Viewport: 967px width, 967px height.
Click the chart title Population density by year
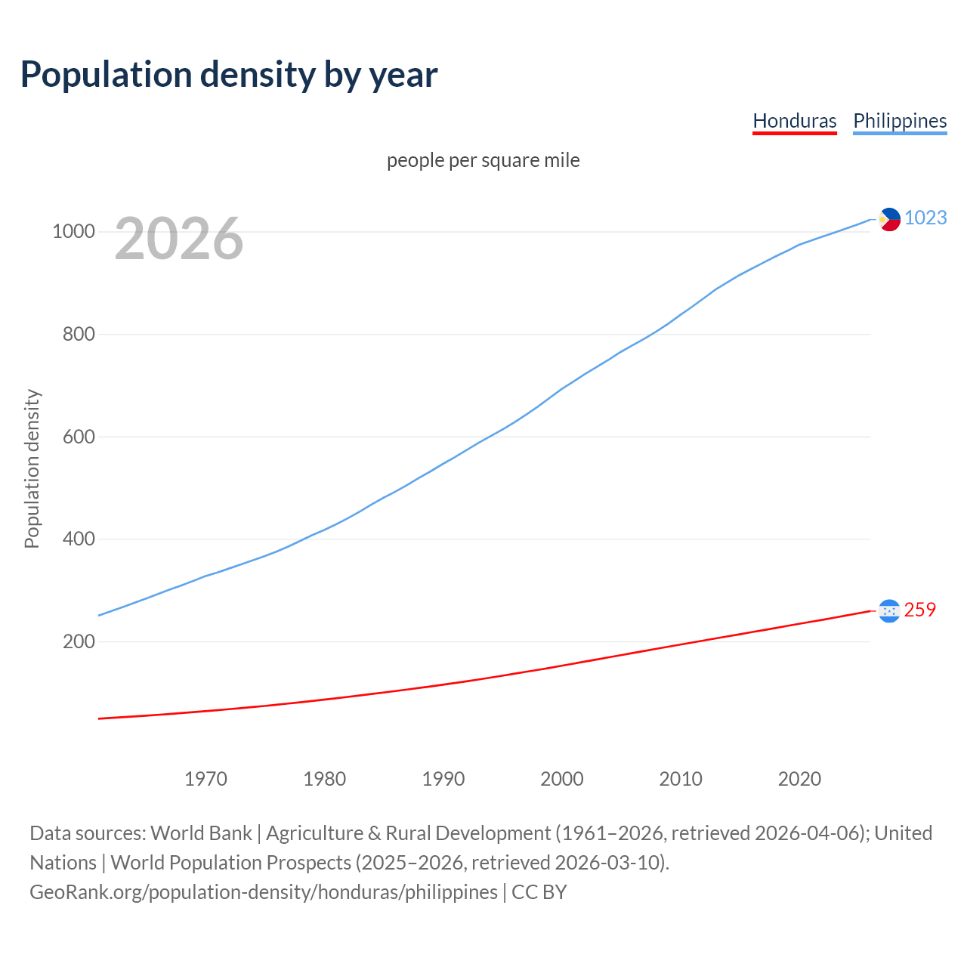229,74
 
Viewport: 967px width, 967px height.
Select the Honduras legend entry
794,121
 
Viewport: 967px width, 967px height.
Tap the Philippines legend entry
900,121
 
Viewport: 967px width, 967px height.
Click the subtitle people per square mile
483,160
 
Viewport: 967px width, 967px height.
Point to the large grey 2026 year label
179,239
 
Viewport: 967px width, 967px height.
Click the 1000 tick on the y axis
73,231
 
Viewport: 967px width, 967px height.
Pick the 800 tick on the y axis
79,334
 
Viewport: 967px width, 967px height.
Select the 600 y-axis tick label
79,437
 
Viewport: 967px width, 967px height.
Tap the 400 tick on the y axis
79,539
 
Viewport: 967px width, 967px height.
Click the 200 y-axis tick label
79,641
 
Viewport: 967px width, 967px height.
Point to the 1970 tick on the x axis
205,779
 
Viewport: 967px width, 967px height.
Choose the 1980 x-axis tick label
324,779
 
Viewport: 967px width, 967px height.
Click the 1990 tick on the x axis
443,779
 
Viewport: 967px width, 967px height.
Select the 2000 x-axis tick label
562,779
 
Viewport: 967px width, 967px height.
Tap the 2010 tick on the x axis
681,779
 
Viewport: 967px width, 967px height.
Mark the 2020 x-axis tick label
799,779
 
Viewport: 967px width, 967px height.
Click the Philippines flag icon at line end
889,219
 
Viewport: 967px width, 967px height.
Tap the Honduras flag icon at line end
889,610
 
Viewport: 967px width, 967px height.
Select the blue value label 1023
925,218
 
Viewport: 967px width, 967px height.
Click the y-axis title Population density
32,468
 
